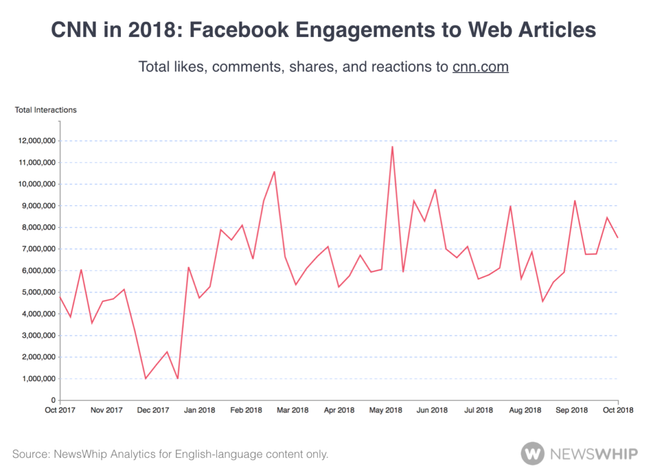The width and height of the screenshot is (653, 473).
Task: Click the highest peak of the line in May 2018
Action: pyautogui.click(x=392, y=146)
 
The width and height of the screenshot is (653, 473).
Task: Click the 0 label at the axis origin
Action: pyautogui.click(x=53, y=400)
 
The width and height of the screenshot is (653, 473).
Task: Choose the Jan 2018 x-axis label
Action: pyautogui.click(x=200, y=410)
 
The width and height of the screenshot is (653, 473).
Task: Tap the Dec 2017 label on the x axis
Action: pyautogui.click(x=153, y=410)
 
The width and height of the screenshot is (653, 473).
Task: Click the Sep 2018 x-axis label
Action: pyautogui.click(x=571, y=410)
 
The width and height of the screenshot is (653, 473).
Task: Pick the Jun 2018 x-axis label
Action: pyautogui.click(x=432, y=410)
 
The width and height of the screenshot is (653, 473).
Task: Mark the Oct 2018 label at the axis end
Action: pyautogui.click(x=617, y=410)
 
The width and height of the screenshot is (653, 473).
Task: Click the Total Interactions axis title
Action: pyautogui.click(x=46, y=110)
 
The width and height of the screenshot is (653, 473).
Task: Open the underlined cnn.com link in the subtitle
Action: pyautogui.click(x=480, y=67)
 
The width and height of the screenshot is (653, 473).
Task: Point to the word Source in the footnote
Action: pyautogui.click(x=30, y=454)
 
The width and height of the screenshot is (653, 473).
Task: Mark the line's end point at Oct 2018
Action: pyautogui.click(x=617, y=238)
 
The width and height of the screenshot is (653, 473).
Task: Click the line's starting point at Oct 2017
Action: pyautogui.click(x=60, y=296)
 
